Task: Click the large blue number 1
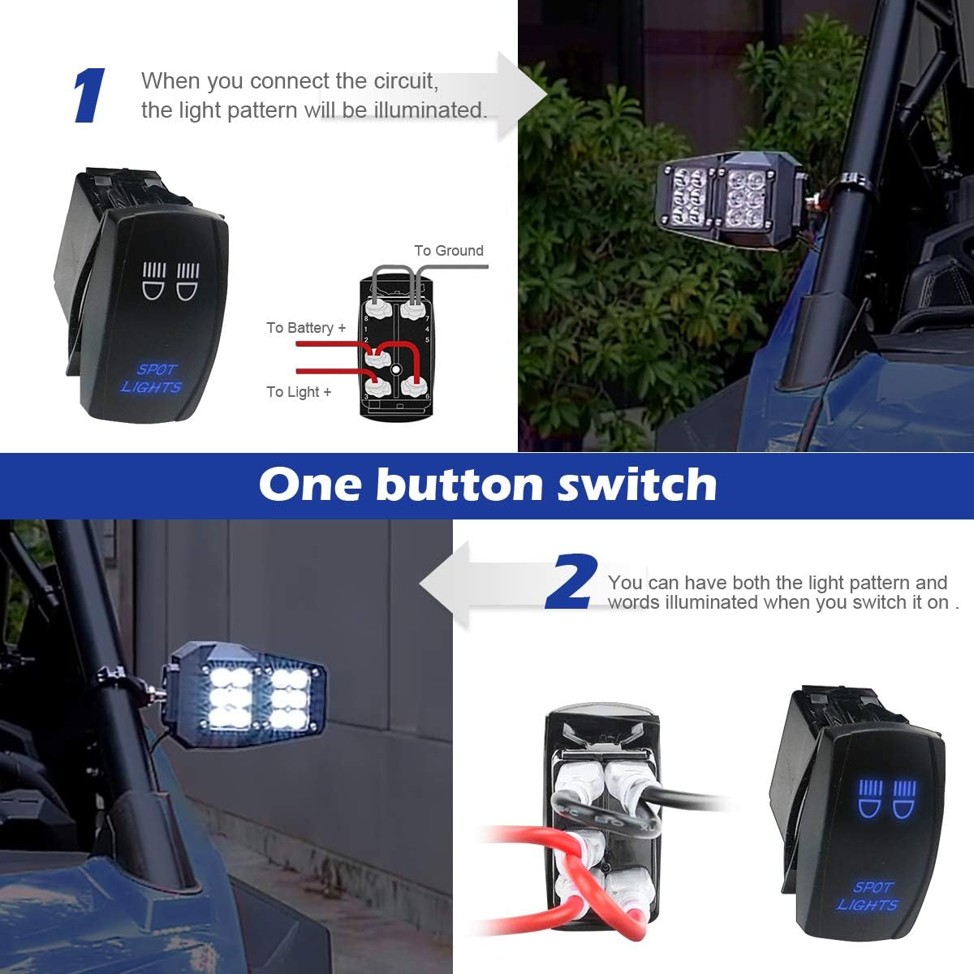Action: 89,96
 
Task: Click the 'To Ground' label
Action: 448,251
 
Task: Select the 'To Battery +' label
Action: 306,328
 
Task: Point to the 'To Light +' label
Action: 299,392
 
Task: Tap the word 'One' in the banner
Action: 311,485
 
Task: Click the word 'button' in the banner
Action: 459,485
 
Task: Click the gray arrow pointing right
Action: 519,96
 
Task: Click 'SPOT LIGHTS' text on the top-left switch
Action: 152,378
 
